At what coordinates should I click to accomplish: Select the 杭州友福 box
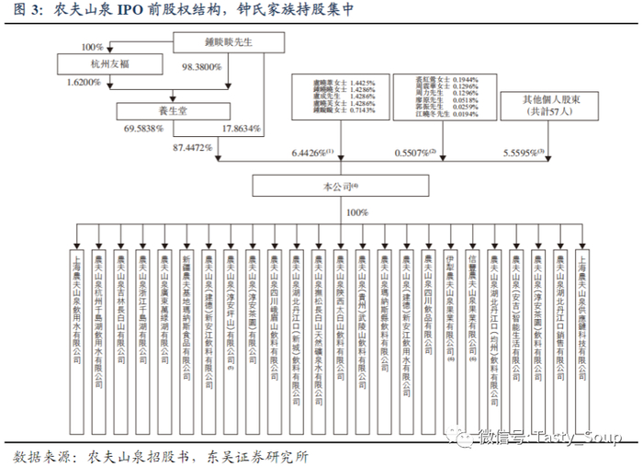coord(97,64)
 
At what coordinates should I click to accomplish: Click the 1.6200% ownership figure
coord(87,82)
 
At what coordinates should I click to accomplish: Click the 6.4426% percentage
coord(310,151)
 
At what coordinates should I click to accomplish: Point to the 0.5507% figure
coord(412,151)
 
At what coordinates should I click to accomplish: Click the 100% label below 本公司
coord(355,211)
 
